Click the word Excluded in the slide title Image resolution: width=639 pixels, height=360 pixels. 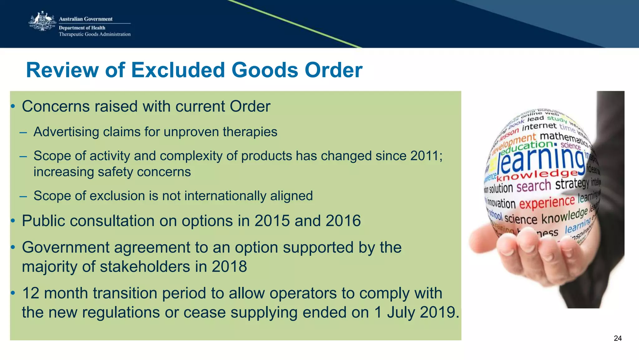(178, 70)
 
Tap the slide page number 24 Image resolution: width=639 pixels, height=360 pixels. (617, 338)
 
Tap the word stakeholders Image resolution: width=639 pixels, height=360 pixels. (145, 267)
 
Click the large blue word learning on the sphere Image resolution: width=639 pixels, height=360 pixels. (541, 159)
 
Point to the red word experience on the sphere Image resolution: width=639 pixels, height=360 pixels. (547, 202)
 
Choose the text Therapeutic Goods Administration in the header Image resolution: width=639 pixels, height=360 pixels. (95, 34)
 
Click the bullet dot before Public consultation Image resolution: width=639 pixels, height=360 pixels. (13, 221)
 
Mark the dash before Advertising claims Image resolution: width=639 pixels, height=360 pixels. (23, 132)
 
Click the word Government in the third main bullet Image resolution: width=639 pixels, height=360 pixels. (66, 247)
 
